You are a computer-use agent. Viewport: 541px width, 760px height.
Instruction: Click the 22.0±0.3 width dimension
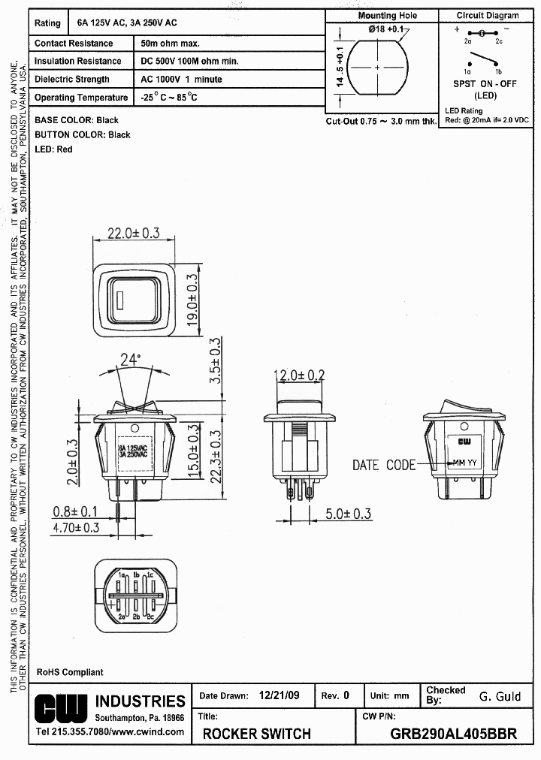pyautogui.click(x=133, y=234)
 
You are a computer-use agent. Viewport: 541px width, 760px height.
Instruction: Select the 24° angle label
pyautogui.click(x=130, y=360)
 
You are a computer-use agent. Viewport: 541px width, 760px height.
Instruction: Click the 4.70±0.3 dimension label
pyautogui.click(x=76, y=528)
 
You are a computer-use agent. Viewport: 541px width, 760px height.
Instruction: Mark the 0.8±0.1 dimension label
pyautogui.click(x=75, y=511)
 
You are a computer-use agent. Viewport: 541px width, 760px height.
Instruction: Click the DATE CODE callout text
pyautogui.click(x=383, y=465)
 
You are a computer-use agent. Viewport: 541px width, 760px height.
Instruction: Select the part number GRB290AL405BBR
pyautogui.click(x=454, y=734)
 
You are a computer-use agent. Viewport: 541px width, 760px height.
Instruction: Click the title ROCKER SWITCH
pyautogui.click(x=256, y=734)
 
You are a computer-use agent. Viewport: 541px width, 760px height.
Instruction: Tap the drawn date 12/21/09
pyautogui.click(x=279, y=695)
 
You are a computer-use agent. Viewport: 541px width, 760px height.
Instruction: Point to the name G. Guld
pyautogui.click(x=500, y=696)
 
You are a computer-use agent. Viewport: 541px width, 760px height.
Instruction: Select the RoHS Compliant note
pyautogui.click(x=70, y=672)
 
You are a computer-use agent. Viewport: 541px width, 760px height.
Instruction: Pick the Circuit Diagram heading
pyautogui.click(x=487, y=15)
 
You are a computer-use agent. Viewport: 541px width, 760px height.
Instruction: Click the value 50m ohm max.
pyautogui.click(x=170, y=44)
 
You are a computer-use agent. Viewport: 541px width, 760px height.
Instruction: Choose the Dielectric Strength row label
pyautogui.click(x=72, y=80)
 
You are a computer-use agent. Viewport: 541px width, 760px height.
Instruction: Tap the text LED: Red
pyautogui.click(x=53, y=149)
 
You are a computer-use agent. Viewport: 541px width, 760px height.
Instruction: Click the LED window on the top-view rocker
pyautogui.click(x=120, y=301)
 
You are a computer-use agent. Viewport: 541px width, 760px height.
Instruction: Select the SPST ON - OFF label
pyautogui.click(x=485, y=84)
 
